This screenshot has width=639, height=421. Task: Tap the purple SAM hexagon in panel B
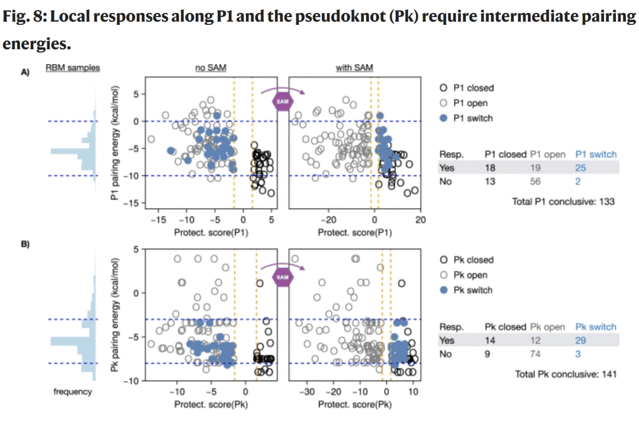282,277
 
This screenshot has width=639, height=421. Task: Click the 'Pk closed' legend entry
473,260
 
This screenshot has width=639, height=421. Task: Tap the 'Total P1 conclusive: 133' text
563,202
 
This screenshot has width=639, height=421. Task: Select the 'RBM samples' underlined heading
73,68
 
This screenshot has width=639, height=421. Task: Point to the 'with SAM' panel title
354,68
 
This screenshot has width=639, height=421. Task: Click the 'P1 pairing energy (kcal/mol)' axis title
116,143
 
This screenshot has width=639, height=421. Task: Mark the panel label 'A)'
25,72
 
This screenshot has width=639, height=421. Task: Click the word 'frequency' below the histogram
73,392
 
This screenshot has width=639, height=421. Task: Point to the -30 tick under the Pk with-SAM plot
307,392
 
